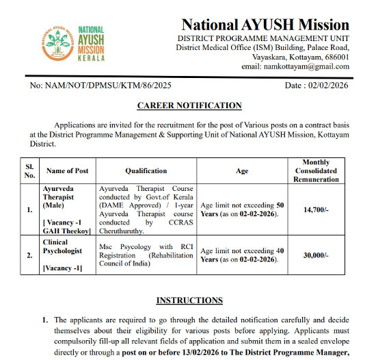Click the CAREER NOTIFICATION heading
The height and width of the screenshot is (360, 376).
(x=189, y=105)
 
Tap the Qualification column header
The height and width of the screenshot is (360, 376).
(x=146, y=170)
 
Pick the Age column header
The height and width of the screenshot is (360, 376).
(x=241, y=170)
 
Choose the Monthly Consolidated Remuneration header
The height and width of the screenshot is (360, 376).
(x=315, y=170)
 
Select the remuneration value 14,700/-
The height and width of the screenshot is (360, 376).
(x=315, y=209)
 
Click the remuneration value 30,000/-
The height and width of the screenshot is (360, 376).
(x=315, y=255)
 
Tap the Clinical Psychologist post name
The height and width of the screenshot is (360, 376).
(x=66, y=246)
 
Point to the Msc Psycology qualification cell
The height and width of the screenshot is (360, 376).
(x=146, y=255)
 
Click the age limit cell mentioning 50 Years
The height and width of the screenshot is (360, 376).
(x=241, y=209)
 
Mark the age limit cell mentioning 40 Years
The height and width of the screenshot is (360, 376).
(x=241, y=255)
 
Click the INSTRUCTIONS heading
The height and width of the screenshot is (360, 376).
(x=189, y=300)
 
